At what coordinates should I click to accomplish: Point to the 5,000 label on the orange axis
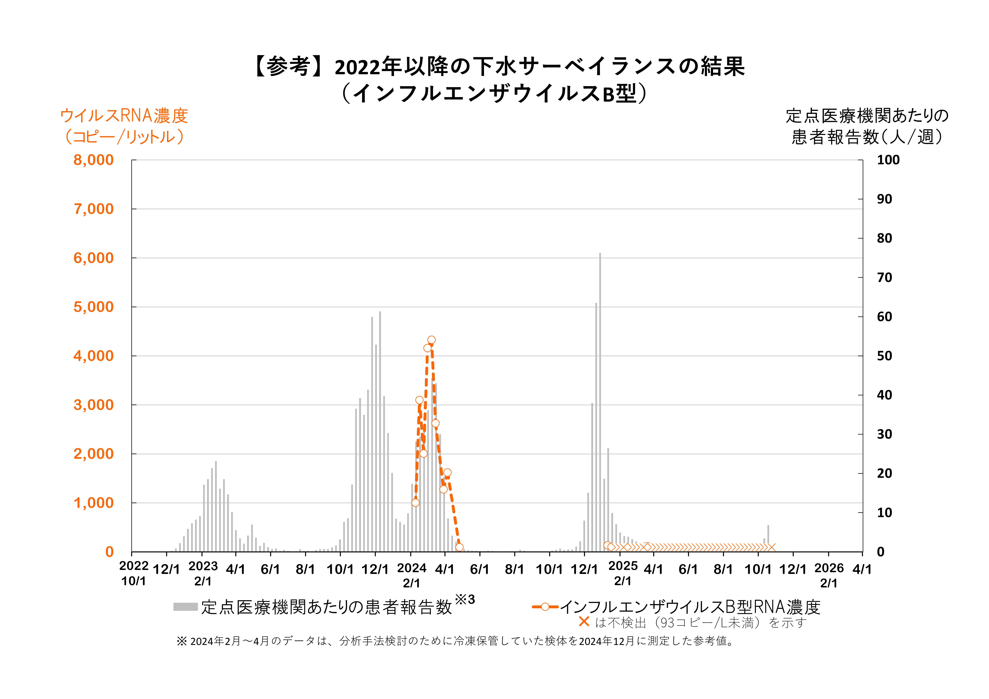click(x=93, y=307)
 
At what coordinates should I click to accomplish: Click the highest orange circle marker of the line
click(x=431, y=340)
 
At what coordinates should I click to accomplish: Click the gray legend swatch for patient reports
click(x=185, y=607)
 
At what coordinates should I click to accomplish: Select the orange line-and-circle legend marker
click(x=545, y=607)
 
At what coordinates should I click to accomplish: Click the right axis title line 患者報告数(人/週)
click(x=867, y=137)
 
